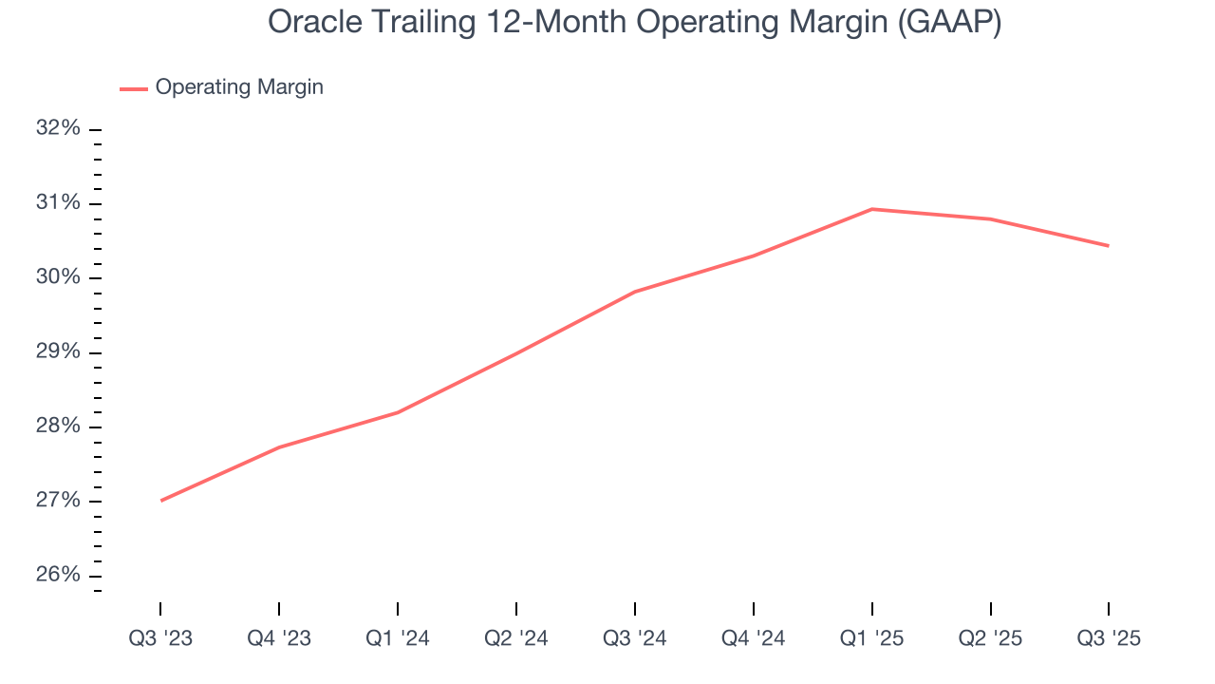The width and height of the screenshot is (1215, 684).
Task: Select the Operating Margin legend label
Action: [239, 87]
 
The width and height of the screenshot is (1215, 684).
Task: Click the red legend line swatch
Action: [133, 88]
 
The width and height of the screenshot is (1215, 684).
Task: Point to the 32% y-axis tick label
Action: [58, 129]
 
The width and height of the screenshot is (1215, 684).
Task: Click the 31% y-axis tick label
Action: [58, 203]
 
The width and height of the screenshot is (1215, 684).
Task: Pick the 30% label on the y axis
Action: [58, 277]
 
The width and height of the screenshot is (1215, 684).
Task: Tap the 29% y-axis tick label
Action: [58, 352]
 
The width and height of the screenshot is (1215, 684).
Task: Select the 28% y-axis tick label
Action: [58, 427]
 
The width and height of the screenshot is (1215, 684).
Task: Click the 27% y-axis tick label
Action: [58, 501]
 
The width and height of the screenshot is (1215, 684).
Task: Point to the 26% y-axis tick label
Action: [58, 576]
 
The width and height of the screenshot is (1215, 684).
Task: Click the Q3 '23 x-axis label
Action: [160, 639]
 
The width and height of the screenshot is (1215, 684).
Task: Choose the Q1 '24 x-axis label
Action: [398, 639]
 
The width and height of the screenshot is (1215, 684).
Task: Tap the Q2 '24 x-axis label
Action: [515, 639]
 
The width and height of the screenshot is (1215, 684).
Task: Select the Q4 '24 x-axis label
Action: [753, 639]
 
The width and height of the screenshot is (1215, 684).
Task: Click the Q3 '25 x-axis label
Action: [1109, 639]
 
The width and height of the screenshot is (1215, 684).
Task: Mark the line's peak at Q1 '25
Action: [871, 209]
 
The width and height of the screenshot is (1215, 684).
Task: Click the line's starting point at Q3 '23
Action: [161, 501]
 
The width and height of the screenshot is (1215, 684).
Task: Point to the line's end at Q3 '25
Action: [1108, 246]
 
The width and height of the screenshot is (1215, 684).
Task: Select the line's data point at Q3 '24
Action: [634, 292]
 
